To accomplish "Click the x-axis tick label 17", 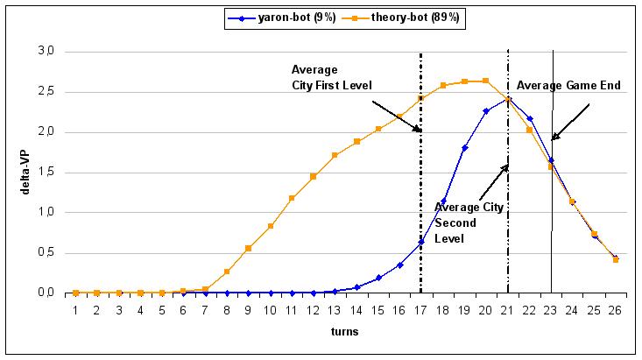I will click(420, 309).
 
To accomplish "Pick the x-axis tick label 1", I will click(76, 309).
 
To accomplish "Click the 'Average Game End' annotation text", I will click(568, 86).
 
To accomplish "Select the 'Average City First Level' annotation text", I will click(332, 77).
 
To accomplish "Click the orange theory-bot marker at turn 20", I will click(486, 81).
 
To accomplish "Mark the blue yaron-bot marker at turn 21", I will click(508, 99).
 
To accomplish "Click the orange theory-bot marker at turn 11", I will click(292, 198).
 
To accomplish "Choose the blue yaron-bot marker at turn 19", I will click(464, 148).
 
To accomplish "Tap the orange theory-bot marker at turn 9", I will click(249, 248).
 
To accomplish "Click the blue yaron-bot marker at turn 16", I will click(399, 265).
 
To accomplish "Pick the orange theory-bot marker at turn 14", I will click(356, 141).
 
